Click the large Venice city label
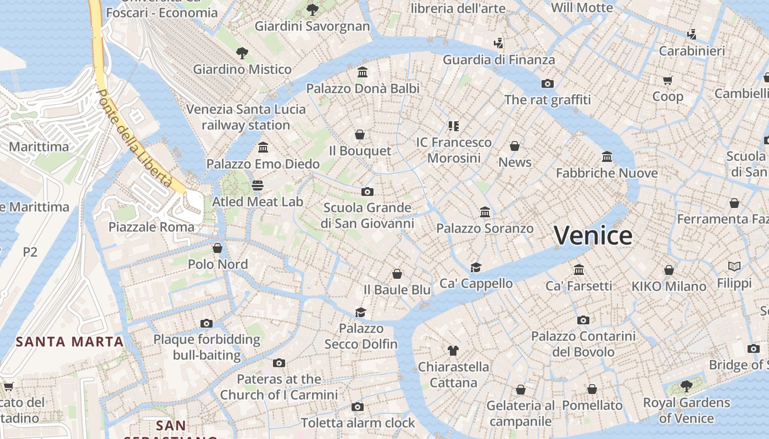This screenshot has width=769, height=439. click(593, 235)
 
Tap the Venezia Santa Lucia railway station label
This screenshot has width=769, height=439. click(246, 117)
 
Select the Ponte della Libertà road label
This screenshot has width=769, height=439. click(135, 138)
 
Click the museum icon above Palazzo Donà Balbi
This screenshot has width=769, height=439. click(363, 72)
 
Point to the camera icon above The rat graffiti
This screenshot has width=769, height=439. click(547, 84)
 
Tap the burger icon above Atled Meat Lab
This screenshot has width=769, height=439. click(258, 185)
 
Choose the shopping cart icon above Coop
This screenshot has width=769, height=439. click(668, 81)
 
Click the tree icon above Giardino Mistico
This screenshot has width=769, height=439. click(242, 53)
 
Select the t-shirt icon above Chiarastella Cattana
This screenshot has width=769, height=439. click(453, 350)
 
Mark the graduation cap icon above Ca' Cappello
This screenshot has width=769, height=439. click(476, 267)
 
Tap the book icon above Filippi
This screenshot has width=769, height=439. click(734, 267)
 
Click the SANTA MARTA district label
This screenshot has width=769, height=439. click(70, 342)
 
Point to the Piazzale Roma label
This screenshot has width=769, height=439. click(152, 227)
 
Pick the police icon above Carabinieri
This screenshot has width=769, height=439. click(692, 35)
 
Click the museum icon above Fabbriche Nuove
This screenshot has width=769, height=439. click(607, 157)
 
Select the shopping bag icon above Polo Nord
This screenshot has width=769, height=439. click(218, 248)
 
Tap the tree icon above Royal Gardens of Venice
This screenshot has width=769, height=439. click(686, 386)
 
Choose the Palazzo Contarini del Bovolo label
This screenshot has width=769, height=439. click(583, 344)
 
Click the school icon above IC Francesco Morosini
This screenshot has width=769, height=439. click(453, 126)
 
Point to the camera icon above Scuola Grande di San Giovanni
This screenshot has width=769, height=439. click(367, 192)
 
